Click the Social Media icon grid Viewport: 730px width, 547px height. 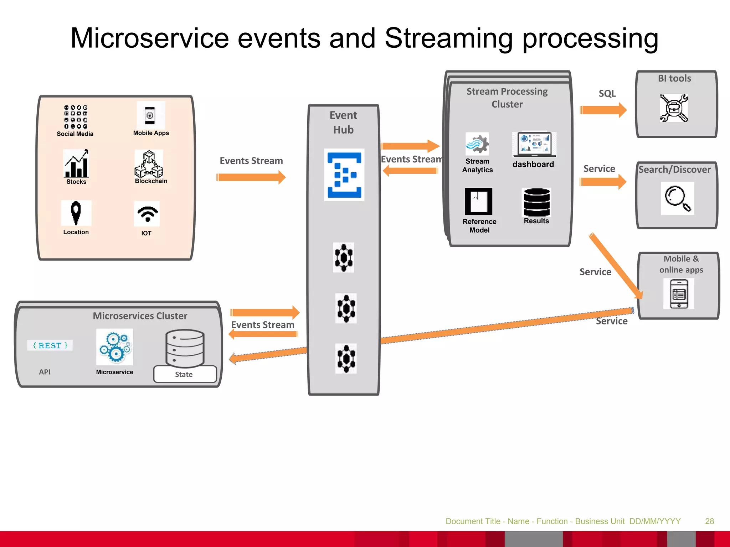[76, 117]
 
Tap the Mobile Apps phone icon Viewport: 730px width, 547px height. [150, 115]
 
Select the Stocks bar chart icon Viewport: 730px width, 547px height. [76, 164]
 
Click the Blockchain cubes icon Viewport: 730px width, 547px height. [149, 164]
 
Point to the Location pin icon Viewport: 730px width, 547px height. [76, 213]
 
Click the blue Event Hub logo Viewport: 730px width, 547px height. [344, 175]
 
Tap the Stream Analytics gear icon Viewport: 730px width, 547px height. [477, 144]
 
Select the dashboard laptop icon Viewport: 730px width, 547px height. [534, 144]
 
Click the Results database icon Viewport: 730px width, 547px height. [536, 202]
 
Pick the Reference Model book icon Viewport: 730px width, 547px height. [478, 201]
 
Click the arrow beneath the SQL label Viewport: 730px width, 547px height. [603, 110]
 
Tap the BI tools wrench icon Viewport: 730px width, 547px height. [674, 108]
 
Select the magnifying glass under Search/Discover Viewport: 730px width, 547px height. [677, 198]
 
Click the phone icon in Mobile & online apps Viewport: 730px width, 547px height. [679, 294]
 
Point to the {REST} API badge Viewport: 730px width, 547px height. [50, 345]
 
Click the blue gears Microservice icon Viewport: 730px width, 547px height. [115, 347]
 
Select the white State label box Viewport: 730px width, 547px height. [185, 374]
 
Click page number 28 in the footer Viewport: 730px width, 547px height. [709, 521]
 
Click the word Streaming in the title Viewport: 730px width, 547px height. [449, 38]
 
